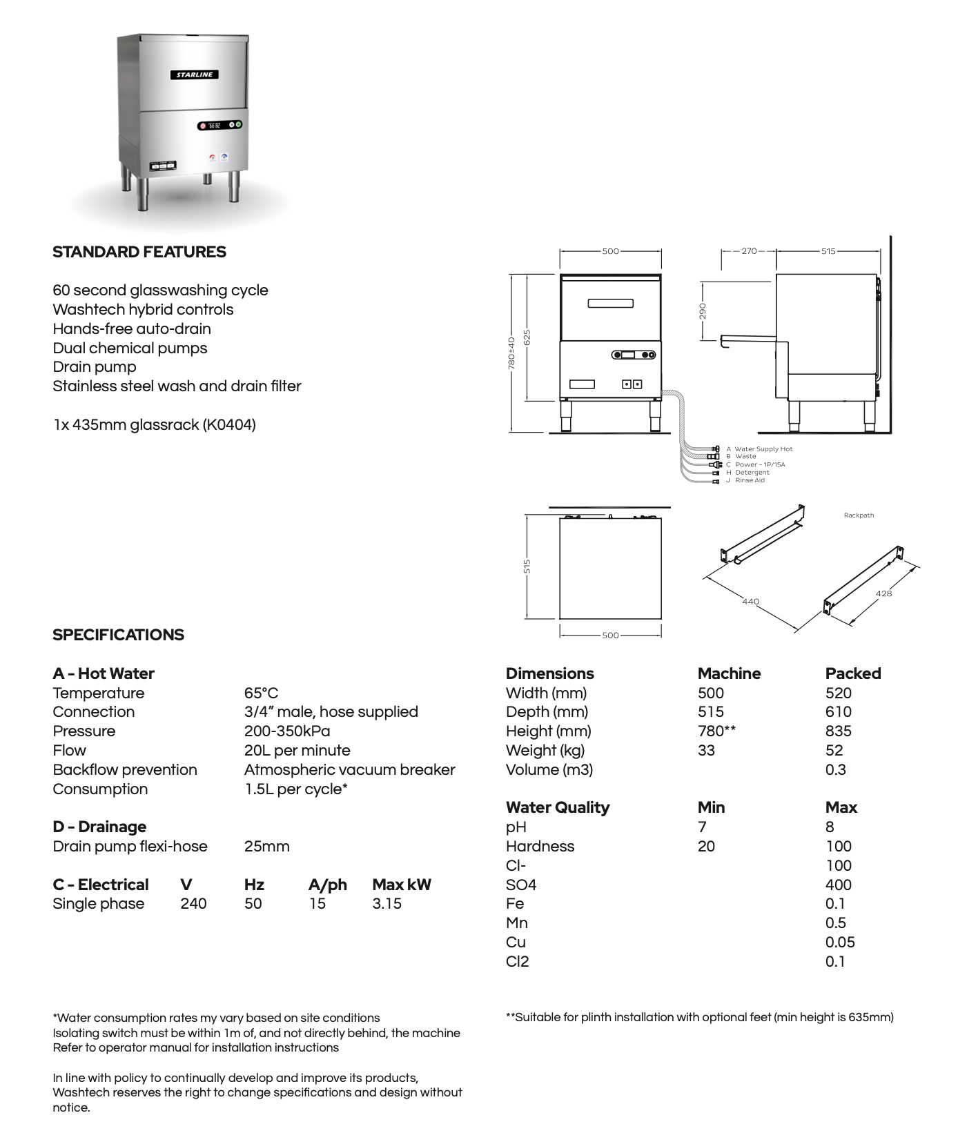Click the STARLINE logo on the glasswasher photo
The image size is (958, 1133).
tap(195, 75)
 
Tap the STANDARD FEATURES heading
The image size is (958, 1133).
tap(139, 252)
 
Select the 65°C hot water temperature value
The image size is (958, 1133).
tap(261, 693)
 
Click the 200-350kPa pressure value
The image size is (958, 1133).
tap(287, 731)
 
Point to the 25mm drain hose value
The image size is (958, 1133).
tap(266, 846)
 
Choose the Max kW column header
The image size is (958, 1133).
tap(401, 885)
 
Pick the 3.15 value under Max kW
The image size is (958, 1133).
tap(387, 904)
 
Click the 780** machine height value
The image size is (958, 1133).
tap(716, 731)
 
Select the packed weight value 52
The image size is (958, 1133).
tap(834, 750)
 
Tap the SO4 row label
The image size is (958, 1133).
tap(521, 885)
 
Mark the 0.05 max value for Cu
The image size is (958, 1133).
tap(840, 942)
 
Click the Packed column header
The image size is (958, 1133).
tap(853, 673)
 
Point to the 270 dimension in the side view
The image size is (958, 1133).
tap(749, 251)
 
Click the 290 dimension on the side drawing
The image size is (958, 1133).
tap(703, 311)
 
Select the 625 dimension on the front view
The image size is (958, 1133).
tap(527, 337)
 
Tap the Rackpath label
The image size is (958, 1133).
tap(859, 515)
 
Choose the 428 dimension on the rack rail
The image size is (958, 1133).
tap(883, 593)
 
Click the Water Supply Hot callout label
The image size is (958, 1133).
tap(763, 449)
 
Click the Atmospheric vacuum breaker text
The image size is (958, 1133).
tap(349, 769)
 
